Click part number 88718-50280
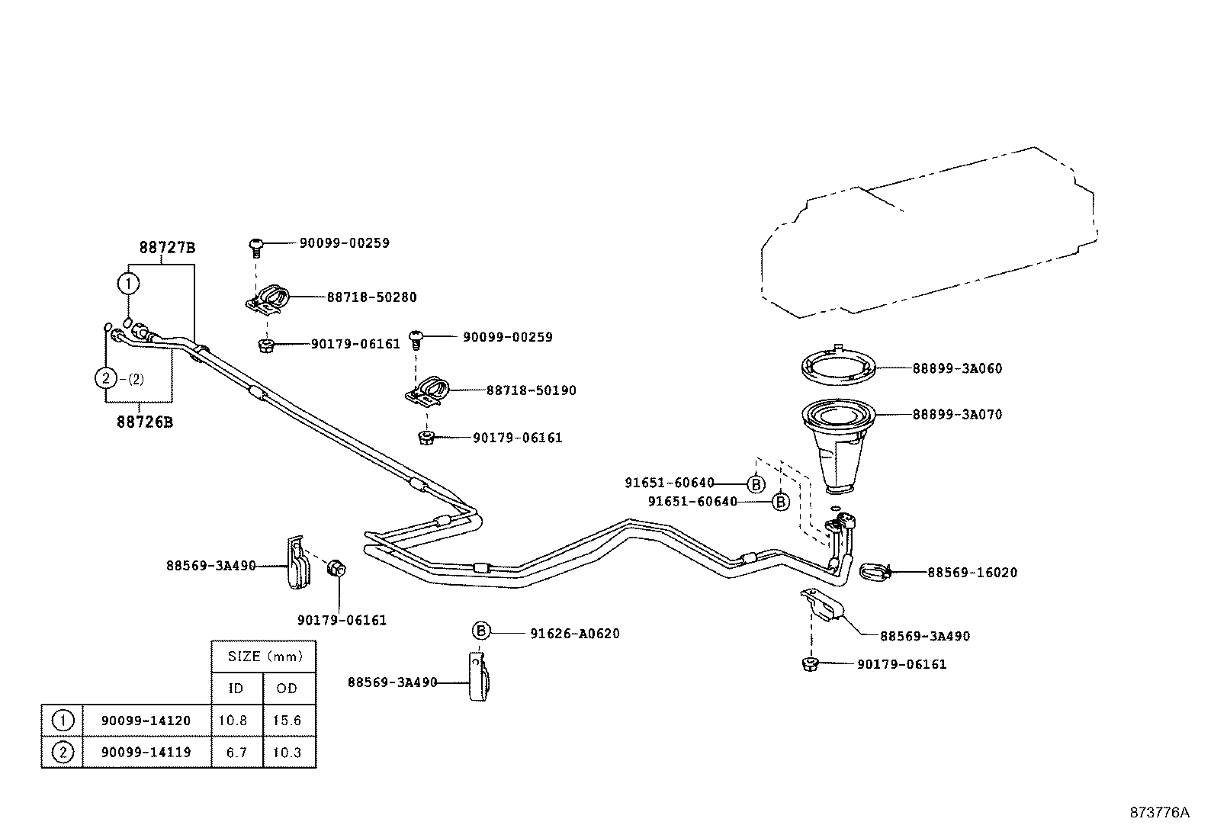click(371, 297)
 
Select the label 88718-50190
click(531, 390)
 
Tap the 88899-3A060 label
click(957, 368)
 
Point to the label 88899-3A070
click(957, 415)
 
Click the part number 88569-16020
click(972, 573)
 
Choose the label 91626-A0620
click(574, 634)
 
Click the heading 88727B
click(167, 248)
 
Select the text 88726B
click(144, 422)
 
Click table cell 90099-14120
click(146, 721)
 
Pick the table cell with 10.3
click(287, 753)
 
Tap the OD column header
click(287, 689)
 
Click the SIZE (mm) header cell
click(265, 657)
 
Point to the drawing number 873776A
click(1159, 812)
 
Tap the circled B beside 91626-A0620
click(481, 631)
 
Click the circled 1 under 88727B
click(128, 284)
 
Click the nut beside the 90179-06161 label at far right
click(811, 664)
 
